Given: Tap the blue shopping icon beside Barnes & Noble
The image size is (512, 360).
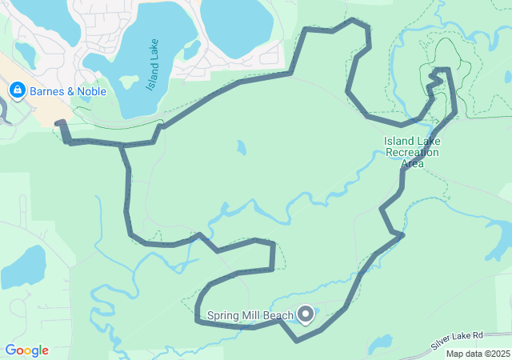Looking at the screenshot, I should [17, 90].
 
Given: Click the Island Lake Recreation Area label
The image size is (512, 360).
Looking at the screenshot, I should [411, 152].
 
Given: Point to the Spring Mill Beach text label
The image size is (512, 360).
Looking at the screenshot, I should [250, 316].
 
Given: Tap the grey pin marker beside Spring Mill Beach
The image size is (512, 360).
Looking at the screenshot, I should [306, 315].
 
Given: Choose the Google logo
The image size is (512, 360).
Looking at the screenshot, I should [26, 350].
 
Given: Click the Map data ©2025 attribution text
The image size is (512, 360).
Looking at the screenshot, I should [478, 354].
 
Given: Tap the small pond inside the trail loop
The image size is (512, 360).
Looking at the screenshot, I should [242, 148].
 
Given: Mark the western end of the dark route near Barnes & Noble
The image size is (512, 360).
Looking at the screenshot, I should [60, 123].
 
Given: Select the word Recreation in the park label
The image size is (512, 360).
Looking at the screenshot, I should [411, 153].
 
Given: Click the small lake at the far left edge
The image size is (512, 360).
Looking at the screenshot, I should [22, 268].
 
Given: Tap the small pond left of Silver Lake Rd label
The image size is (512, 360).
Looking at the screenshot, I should [380, 343].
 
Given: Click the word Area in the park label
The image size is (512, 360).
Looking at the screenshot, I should [411, 163].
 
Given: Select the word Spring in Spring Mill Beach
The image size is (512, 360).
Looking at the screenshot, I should [223, 316].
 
